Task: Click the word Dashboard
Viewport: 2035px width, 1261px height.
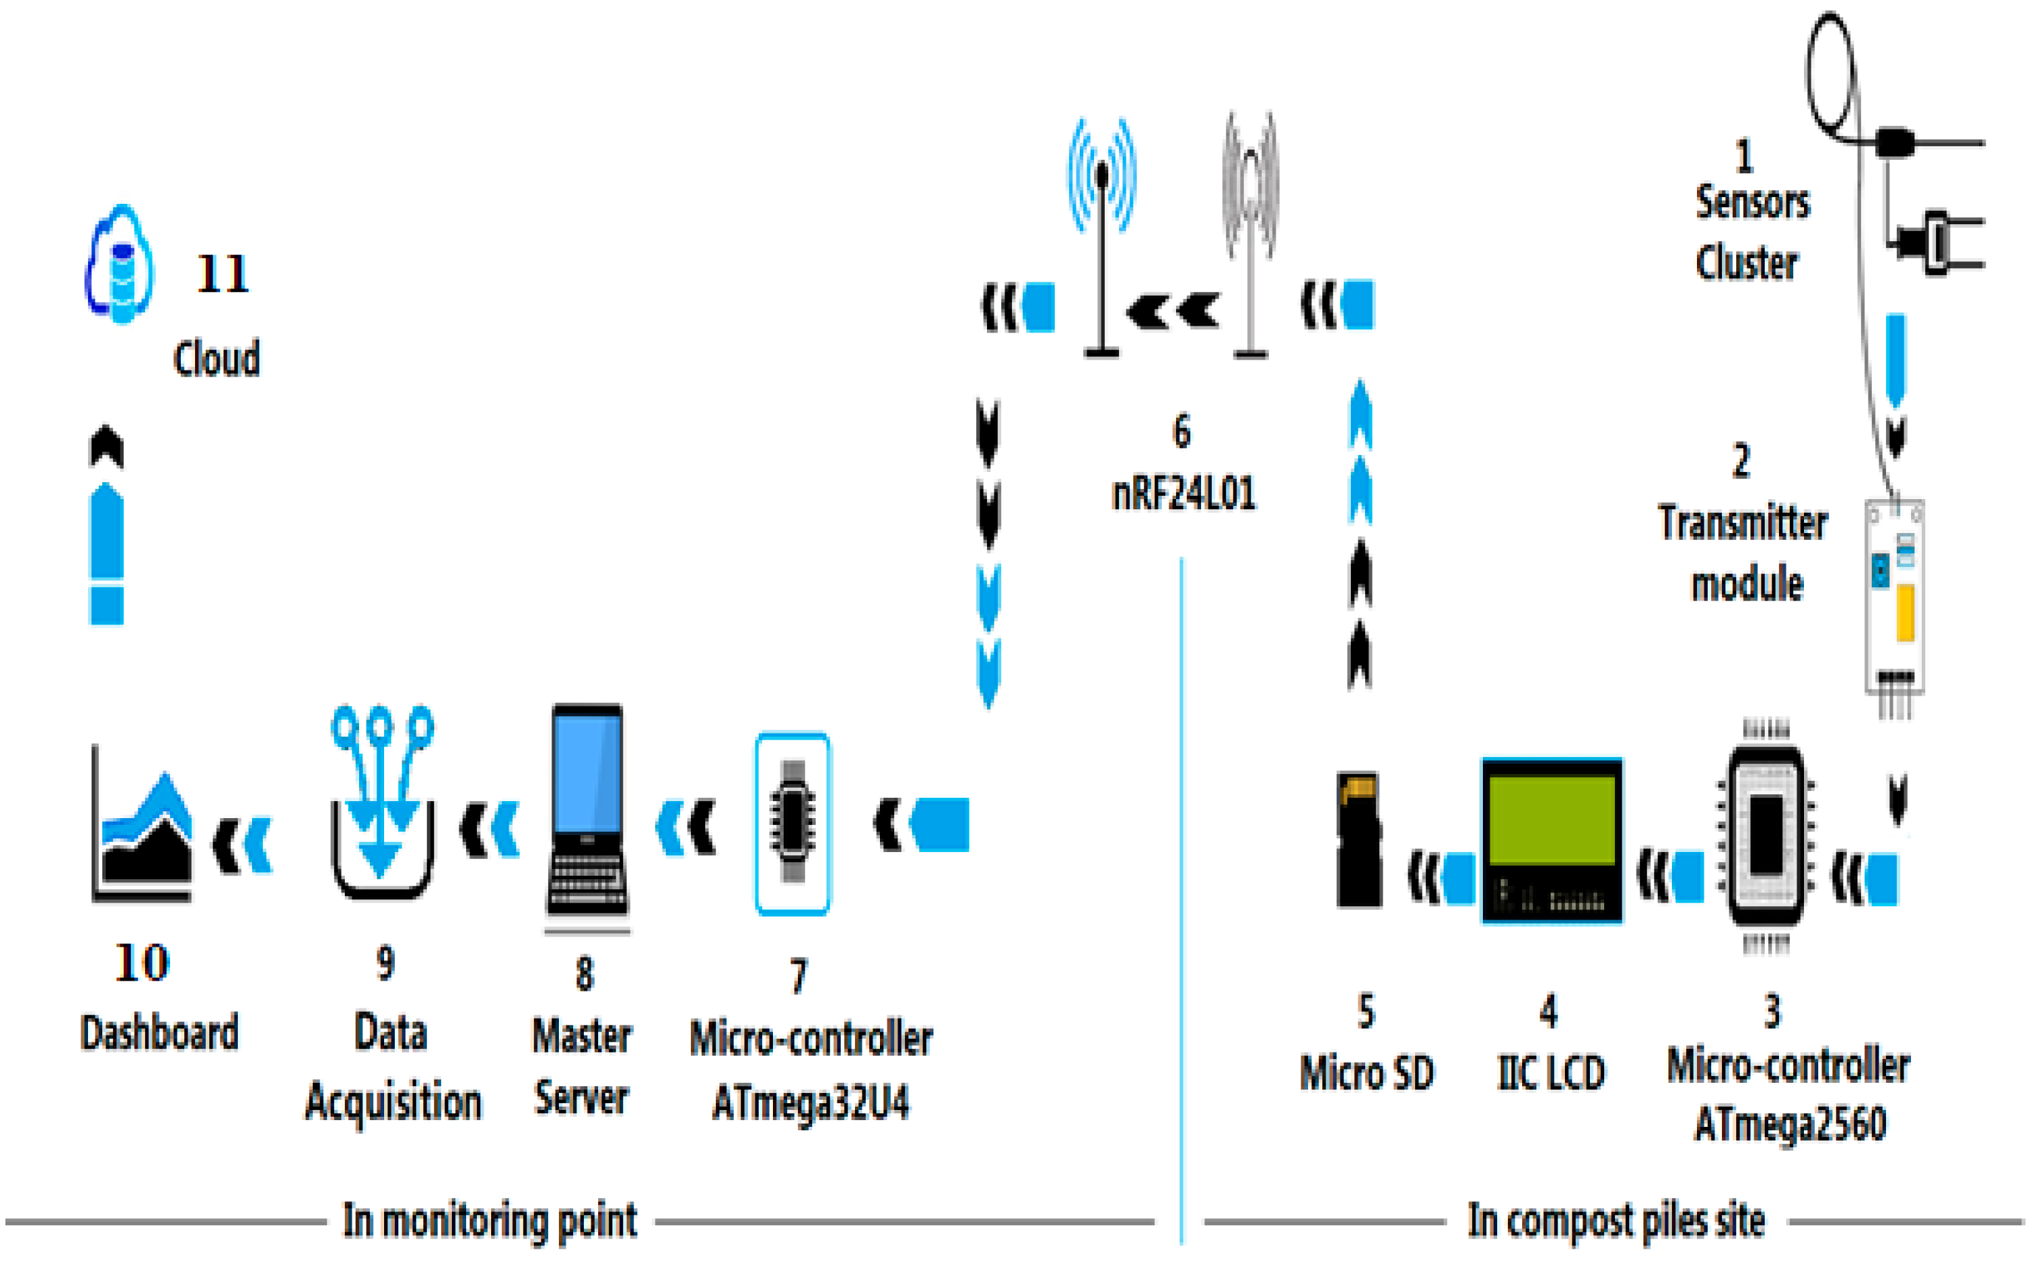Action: point(159,1033)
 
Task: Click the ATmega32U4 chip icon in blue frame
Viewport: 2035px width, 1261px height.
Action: point(793,823)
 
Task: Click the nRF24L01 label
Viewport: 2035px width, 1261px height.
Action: point(1183,494)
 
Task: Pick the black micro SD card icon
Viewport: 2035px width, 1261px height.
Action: point(1359,839)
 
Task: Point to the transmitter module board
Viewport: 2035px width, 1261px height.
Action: point(1894,597)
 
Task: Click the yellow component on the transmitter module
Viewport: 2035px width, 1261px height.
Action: point(1905,613)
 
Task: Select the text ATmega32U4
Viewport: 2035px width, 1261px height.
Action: point(811,1103)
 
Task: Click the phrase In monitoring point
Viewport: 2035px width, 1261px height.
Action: point(490,1221)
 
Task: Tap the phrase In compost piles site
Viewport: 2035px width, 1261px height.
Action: point(1616,1221)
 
